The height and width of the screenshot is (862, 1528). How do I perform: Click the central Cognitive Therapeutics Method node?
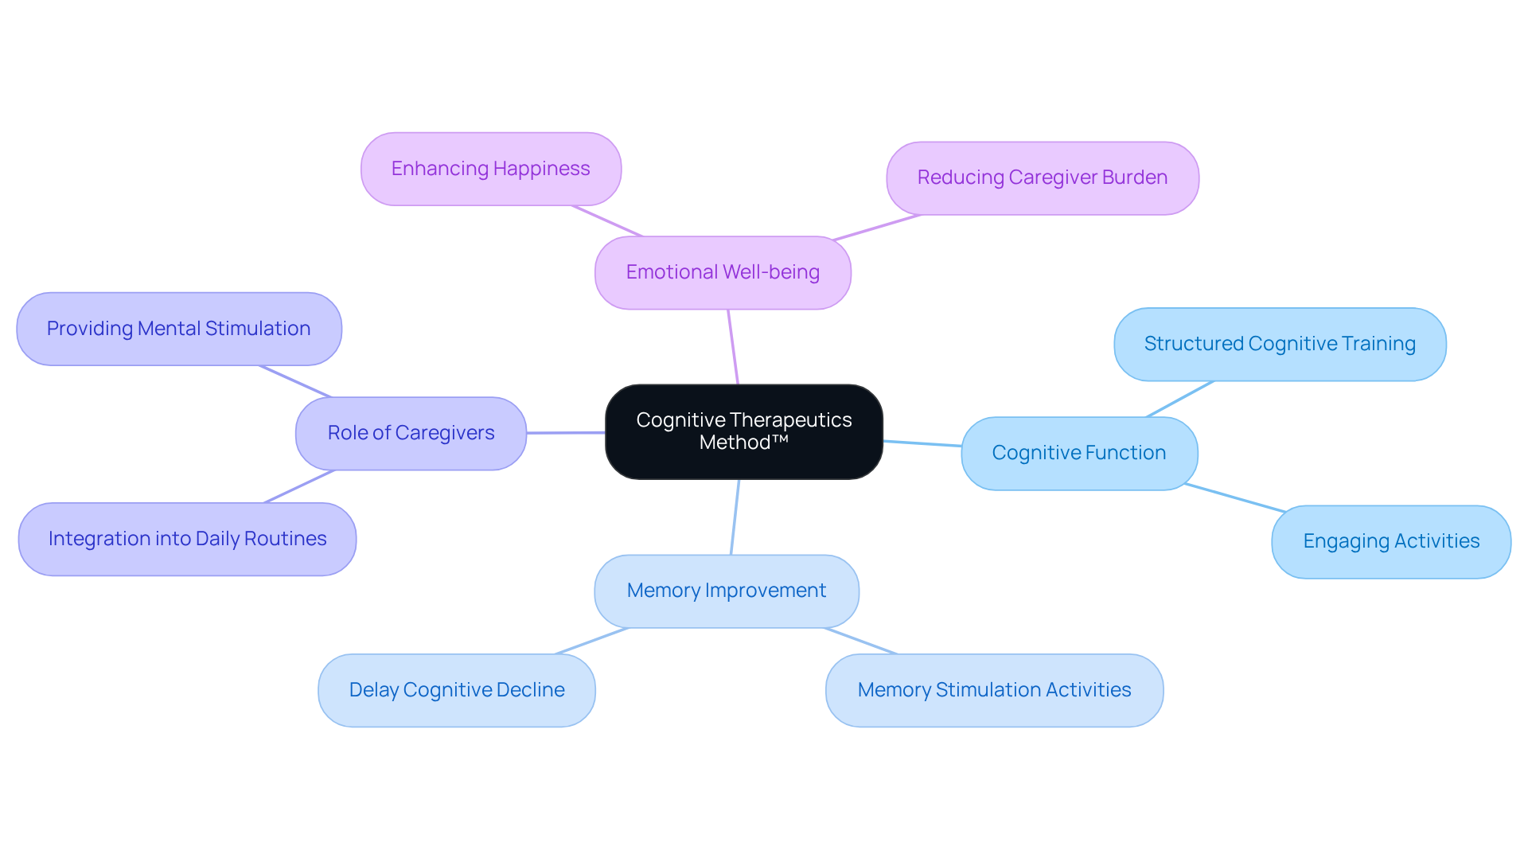tap(743, 431)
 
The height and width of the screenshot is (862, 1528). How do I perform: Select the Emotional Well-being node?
tap(723, 272)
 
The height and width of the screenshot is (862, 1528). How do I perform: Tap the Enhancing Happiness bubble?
tap(490, 169)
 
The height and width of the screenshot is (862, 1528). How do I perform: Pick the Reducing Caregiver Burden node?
tap(1042, 177)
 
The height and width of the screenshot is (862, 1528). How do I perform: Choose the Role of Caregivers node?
tap(411, 433)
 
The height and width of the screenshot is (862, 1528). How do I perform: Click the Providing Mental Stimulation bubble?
tap(178, 329)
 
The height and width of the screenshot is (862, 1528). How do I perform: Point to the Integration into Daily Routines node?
tap(187, 539)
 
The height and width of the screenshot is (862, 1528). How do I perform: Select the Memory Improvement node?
tap(726, 591)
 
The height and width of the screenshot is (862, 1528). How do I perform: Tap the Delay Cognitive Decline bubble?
tap(456, 690)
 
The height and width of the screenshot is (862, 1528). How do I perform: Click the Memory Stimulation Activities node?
tap(994, 690)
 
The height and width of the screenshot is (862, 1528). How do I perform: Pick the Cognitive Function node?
tap(1078, 453)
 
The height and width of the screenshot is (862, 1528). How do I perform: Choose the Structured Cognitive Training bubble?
tap(1279, 344)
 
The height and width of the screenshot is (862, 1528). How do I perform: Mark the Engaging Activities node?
tap(1390, 541)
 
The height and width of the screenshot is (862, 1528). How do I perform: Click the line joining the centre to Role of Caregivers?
tap(566, 433)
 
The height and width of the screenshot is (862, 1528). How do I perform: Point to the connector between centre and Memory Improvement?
tap(735, 517)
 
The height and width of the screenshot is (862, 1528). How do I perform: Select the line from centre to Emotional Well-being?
tap(733, 347)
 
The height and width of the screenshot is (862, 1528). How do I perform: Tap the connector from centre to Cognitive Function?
tap(922, 443)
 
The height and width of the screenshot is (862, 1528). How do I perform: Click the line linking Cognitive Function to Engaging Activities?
tap(1234, 497)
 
